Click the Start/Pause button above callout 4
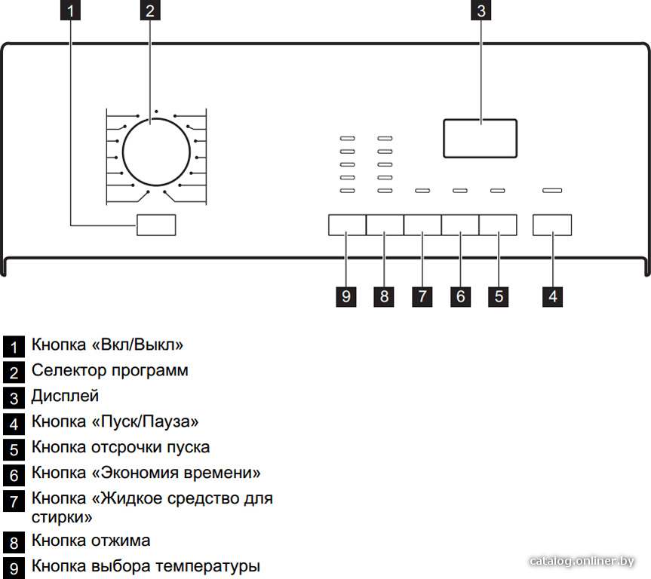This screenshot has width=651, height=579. pos(552,225)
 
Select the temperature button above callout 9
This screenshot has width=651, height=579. pos(347,225)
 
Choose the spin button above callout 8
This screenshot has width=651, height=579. pos(385,225)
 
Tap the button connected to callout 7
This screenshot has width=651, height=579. pos(422,225)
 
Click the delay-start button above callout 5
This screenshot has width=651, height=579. pos(498,225)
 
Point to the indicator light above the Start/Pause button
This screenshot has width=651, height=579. pos(552,191)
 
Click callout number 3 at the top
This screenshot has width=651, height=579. pos(481,11)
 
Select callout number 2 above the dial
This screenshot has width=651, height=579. pos(150,11)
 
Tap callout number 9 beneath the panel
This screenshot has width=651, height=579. pos(345,296)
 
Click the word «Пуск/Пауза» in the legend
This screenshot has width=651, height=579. pos(145,421)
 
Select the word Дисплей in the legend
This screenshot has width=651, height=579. pos(65,396)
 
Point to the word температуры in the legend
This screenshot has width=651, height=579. pos(208,566)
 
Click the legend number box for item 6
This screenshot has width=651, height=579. pos(14,475)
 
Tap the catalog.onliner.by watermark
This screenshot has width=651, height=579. pos(582,561)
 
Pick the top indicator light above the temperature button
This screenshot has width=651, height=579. pos(348,138)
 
